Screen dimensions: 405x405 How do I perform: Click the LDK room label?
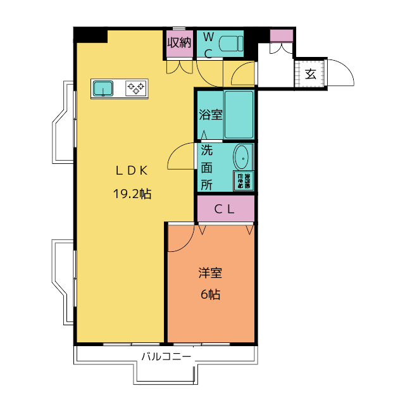coord(132,170)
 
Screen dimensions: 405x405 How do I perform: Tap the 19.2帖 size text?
coord(132,194)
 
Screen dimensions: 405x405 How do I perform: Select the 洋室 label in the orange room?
coord(210,273)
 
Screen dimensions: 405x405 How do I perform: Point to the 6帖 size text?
coord(210,294)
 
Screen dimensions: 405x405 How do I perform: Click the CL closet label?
coord(225,209)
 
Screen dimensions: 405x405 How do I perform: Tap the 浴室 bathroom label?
coord(210,115)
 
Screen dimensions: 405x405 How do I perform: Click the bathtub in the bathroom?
coord(239,115)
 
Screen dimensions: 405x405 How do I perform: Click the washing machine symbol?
coord(243,181)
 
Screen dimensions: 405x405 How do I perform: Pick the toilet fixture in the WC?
coord(230,44)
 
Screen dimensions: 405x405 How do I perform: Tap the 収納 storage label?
coord(179,43)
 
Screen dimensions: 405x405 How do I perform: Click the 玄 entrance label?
coord(310,73)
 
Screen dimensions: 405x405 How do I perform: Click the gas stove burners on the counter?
coord(135,89)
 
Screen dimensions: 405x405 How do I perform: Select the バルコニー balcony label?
coord(166,356)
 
